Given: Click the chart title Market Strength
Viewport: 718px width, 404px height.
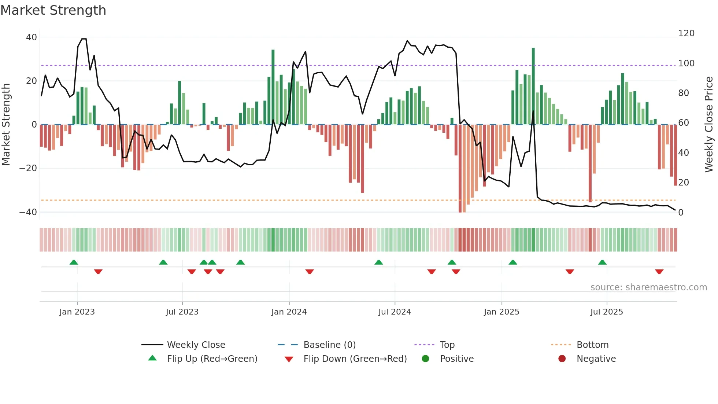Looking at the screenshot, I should coord(53,10).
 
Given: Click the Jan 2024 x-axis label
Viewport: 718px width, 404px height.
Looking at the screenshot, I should coord(289,312).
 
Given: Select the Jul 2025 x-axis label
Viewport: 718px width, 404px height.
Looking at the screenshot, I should coord(606,312).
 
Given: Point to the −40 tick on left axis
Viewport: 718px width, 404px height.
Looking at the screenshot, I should coord(28,212).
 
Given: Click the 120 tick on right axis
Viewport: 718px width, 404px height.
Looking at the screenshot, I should coord(686,33).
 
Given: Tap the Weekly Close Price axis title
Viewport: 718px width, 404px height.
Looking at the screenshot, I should coord(709,125).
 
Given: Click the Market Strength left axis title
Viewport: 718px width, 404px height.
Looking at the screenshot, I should coord(6,125).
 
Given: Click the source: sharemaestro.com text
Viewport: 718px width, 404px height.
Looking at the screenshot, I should coord(648,287).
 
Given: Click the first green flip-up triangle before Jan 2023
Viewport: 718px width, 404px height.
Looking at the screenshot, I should coord(74,262).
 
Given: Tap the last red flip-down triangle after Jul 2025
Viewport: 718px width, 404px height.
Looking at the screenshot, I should coord(659,272).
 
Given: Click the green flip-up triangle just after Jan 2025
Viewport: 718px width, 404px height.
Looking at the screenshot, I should coord(513,262).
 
